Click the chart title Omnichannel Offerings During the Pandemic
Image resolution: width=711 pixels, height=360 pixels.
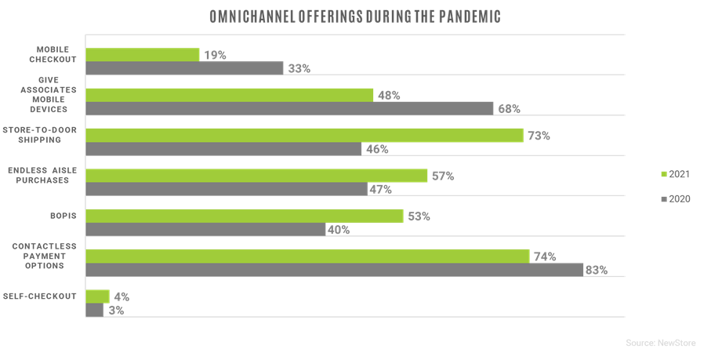(356, 16)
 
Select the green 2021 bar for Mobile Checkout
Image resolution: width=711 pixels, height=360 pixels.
(142, 55)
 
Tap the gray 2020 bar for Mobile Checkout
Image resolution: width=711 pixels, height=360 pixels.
(184, 68)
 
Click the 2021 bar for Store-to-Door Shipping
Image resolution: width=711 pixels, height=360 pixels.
(304, 136)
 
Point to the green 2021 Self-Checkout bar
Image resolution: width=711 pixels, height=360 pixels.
(97, 296)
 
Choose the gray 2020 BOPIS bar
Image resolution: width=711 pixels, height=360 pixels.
(205, 230)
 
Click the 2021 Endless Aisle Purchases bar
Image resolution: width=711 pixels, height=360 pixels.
(256, 176)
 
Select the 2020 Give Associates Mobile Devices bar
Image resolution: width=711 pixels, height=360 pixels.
(289, 108)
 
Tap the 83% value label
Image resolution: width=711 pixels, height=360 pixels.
(597, 271)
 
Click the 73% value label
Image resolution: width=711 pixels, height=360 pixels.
(538, 136)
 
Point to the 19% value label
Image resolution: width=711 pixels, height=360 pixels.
(215, 55)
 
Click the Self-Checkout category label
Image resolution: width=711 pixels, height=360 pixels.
(44, 296)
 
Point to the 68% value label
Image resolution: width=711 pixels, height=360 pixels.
(509, 109)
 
